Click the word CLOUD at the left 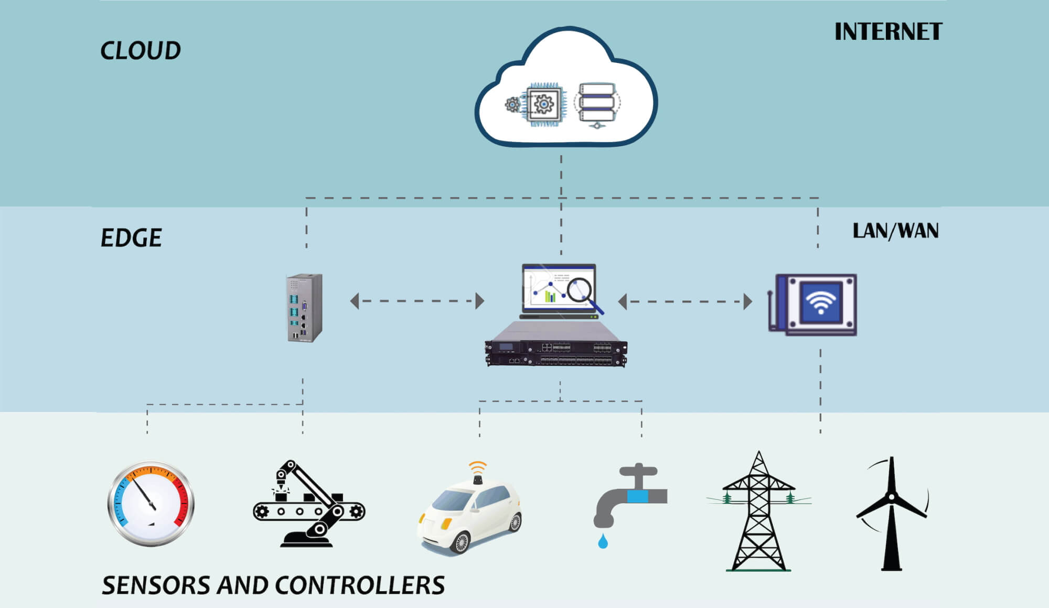coord(140,51)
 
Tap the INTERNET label coord(888,32)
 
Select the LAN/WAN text coord(895,231)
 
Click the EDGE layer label coord(131,238)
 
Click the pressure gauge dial coord(151,504)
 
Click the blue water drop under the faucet coord(603,541)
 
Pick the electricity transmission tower coord(758,514)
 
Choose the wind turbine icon coord(891,514)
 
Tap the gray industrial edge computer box coord(304,308)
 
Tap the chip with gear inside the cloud coord(543,104)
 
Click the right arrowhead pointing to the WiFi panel coord(748,302)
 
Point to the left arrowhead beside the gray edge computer coord(355,301)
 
